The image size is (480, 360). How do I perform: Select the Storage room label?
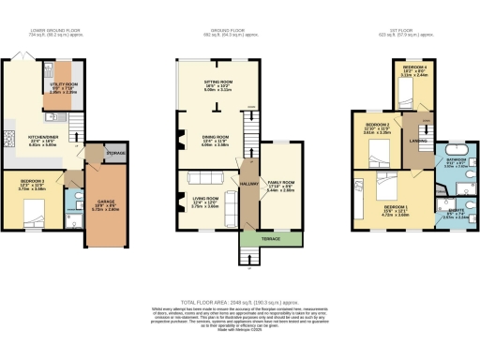(115, 152)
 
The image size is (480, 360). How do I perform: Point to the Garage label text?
(107, 200)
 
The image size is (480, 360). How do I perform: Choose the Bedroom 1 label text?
(395, 206)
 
